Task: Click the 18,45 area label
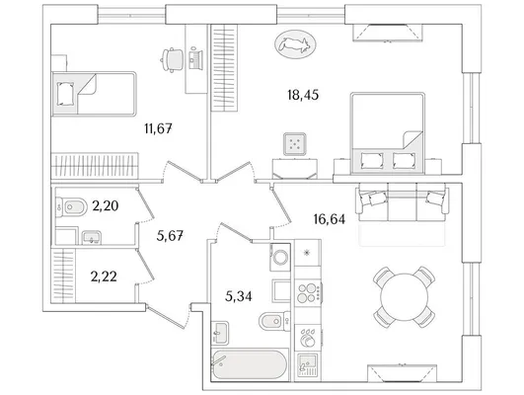point(303,96)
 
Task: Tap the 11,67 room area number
point(159,128)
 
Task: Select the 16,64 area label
point(330,219)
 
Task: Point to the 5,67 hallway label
point(170,236)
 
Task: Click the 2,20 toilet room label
point(106,206)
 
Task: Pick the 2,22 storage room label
point(104,276)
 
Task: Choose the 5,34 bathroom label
point(239,296)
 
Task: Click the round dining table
point(405,297)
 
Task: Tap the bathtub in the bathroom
point(250,364)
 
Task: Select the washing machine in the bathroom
point(280,257)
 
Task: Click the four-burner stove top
point(308,293)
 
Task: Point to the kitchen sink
point(307,365)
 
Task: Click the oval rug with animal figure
point(295,44)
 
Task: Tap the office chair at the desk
point(173,60)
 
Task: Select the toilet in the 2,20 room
point(71,207)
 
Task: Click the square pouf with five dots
point(295,144)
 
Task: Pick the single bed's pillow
point(65,94)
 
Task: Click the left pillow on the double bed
point(371,161)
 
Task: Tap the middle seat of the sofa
point(402,202)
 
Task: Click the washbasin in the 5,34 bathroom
point(220,333)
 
